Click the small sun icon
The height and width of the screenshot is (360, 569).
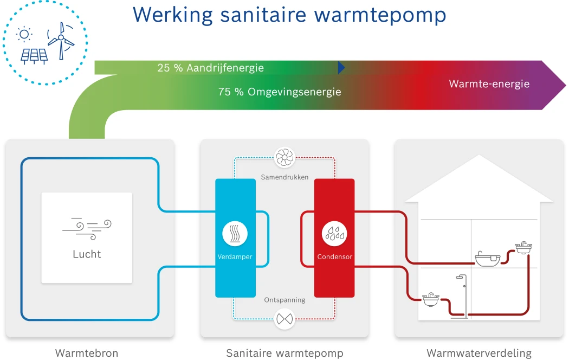[x=24, y=34]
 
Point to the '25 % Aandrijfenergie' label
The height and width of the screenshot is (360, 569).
[x=210, y=68]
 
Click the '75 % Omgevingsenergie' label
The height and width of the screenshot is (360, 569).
[x=280, y=92]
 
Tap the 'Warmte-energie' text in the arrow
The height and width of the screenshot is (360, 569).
[x=489, y=84]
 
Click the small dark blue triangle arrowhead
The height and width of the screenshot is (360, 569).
[x=341, y=67]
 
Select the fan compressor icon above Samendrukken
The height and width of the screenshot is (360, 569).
[x=284, y=158]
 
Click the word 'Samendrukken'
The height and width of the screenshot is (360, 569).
[x=284, y=177]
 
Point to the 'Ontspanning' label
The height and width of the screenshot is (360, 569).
[x=284, y=300]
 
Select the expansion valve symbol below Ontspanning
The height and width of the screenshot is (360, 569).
[x=284, y=319]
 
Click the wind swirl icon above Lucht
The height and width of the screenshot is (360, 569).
[x=87, y=228]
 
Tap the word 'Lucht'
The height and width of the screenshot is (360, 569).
[x=87, y=254]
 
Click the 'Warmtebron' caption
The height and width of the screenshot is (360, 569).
[x=87, y=353]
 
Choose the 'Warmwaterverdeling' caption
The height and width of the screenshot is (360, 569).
[x=479, y=353]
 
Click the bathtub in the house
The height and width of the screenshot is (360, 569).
[x=487, y=260]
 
